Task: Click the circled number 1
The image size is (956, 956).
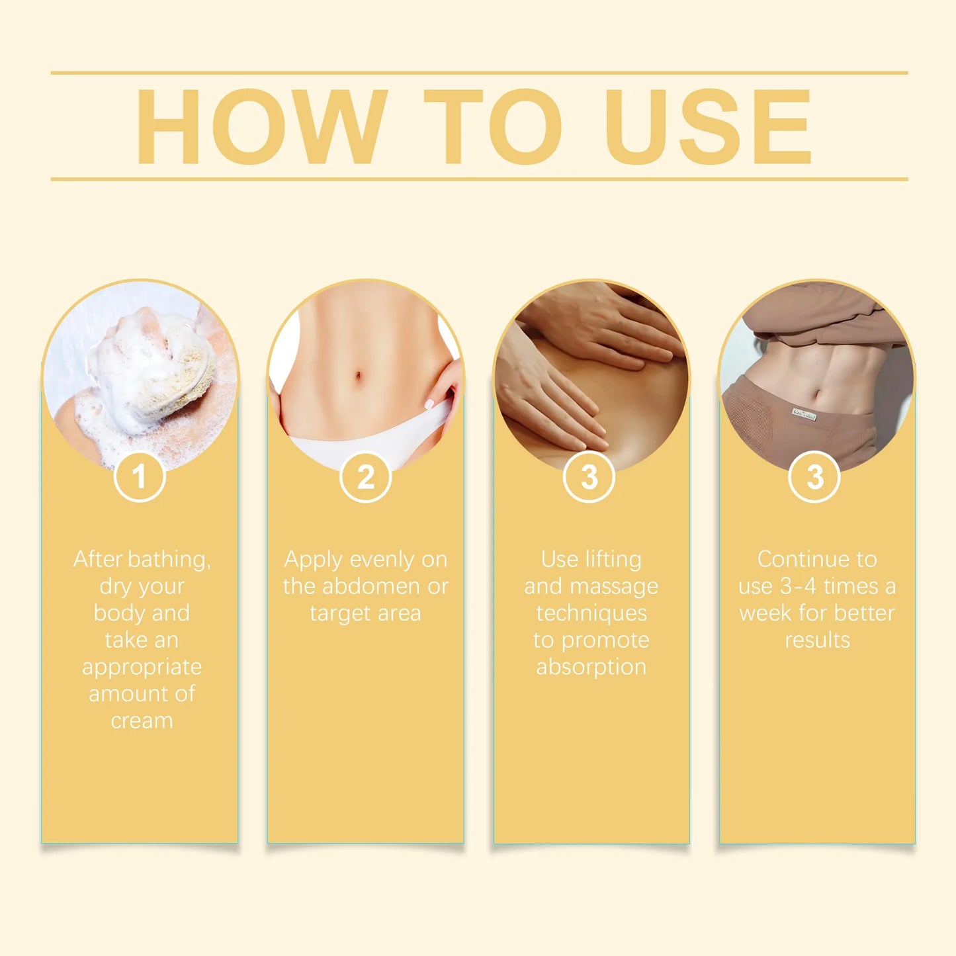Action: tap(140, 476)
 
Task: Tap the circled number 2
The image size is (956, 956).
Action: tap(366, 477)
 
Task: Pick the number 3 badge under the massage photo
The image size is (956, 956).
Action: tap(589, 477)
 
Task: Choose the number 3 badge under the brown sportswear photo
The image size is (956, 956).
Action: tap(814, 477)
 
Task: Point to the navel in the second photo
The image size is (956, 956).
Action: tap(358, 378)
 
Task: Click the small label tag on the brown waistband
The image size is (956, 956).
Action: tap(803, 415)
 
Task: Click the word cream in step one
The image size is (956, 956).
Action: tap(142, 720)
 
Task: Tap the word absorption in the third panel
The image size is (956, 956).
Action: tap(591, 667)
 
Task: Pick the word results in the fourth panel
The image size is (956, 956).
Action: tap(817, 640)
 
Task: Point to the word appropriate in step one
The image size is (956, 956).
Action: tap(142, 667)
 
